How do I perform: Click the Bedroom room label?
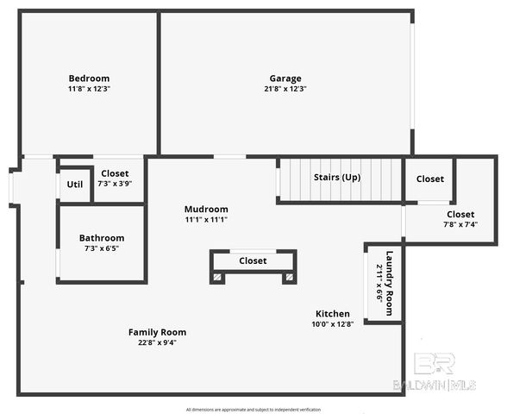click(90, 78)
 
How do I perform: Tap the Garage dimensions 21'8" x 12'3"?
click(285, 88)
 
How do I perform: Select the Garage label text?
click(285, 78)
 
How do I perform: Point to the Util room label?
click(75, 184)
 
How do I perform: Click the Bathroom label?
click(102, 238)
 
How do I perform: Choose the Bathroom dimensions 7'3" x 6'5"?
click(102, 248)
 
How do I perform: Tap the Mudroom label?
click(206, 209)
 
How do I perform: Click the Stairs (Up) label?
click(337, 177)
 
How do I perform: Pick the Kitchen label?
click(333, 314)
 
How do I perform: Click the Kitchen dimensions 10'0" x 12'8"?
click(333, 324)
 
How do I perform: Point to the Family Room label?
click(157, 332)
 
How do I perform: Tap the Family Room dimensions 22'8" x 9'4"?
click(157, 342)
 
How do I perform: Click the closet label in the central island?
click(253, 260)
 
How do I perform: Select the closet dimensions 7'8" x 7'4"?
click(460, 224)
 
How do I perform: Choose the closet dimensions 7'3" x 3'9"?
click(115, 183)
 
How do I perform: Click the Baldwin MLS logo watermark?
click(444, 372)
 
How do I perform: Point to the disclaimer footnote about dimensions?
click(253, 409)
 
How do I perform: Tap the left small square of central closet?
click(218, 277)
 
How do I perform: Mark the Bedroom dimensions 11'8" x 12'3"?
click(90, 88)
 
